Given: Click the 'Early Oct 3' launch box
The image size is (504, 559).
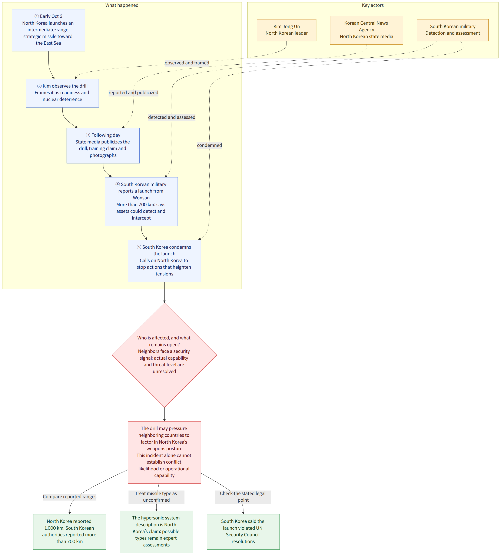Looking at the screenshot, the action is pos(49,30).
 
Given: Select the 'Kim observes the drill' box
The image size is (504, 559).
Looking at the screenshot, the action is pos(62,93).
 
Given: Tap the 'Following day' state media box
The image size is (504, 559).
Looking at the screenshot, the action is pos(103,146).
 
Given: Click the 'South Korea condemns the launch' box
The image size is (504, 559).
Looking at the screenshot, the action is pos(164,261).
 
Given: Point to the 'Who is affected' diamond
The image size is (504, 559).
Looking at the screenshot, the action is pos(164,355).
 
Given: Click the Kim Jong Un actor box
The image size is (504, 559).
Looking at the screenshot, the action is pos(287,30).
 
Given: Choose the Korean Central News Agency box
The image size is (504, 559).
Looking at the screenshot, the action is pos(366,30).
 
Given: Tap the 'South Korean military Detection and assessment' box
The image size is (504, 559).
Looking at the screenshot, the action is pos(452,30).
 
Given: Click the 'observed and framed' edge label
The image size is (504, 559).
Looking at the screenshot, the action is pos(187,63).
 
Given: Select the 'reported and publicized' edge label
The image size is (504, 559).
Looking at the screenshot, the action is pos(133,93).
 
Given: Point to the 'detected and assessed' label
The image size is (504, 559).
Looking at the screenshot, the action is pos(172,117).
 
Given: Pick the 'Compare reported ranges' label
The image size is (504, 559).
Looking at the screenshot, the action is pos(70,497).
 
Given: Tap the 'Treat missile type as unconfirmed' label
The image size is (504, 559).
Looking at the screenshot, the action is pos(156,497).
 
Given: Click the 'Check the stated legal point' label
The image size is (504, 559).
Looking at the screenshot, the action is pos(243,497).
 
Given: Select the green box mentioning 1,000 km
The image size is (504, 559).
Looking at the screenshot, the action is pos(70,531).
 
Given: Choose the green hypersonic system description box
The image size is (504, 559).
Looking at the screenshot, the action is pos(156,531).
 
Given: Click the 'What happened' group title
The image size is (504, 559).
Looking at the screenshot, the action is pos(122,5).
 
